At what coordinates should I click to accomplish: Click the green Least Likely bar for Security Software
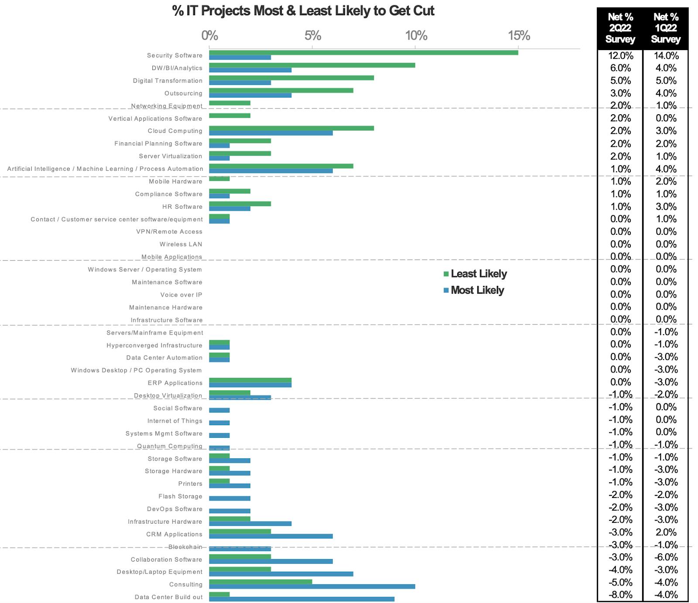[363, 53]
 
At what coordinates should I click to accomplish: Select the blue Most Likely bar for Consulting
[312, 586]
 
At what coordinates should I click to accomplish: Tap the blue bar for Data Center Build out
[301, 599]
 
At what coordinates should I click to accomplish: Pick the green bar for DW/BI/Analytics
[312, 65]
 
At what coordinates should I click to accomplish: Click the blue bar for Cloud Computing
[271, 133]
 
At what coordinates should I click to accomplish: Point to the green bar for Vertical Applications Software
[229, 116]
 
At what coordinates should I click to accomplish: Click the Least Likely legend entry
[475, 274]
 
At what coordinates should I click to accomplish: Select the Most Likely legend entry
[474, 290]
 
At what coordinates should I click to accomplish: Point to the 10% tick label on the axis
[416, 36]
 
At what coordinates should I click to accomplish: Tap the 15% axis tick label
[519, 36]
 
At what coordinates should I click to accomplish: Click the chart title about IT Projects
[303, 11]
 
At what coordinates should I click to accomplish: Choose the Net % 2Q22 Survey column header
[620, 28]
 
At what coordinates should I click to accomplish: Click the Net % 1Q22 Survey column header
[666, 28]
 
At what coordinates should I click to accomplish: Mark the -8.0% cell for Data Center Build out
[620, 595]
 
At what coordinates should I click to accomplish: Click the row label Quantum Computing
[170, 446]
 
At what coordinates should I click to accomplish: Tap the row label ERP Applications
[175, 383]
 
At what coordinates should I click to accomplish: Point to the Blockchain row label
[185, 547]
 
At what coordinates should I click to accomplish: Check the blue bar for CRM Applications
[271, 536]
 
